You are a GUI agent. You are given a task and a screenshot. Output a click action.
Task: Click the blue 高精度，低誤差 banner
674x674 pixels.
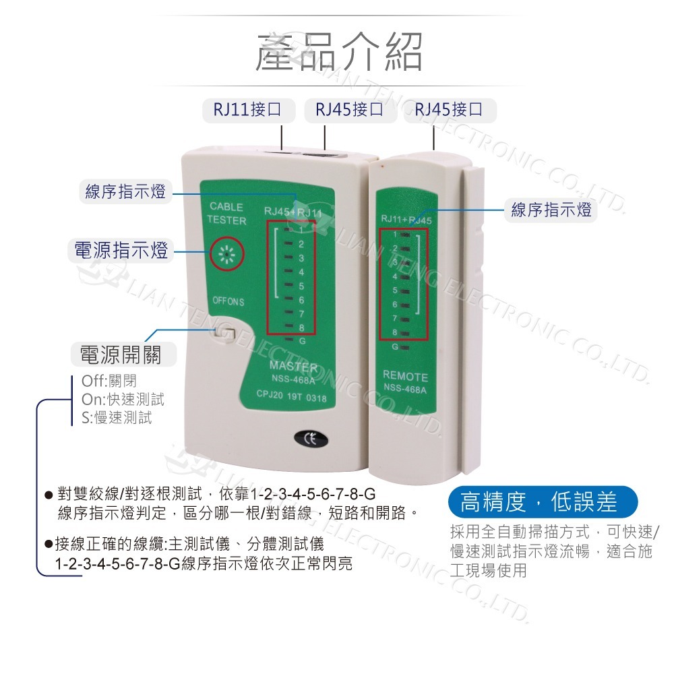tap(542, 502)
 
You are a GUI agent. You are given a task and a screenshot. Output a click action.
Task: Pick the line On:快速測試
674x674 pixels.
tap(122, 399)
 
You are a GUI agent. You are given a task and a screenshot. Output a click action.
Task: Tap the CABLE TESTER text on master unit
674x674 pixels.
tap(226, 214)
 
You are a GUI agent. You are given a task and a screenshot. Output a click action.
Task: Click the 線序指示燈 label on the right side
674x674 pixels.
tap(551, 210)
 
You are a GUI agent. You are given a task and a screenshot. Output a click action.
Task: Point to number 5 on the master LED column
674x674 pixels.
tap(301, 286)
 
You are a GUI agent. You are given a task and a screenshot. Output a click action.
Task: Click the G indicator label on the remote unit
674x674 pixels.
tap(395, 347)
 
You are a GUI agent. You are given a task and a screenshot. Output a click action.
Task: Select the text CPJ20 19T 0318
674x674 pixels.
tap(292, 398)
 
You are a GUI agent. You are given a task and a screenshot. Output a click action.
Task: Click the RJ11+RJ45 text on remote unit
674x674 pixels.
tap(406, 218)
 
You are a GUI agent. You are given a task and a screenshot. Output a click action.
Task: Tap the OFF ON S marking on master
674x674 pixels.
tap(228, 301)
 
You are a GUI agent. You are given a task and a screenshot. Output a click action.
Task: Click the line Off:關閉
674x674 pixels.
tap(108, 381)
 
